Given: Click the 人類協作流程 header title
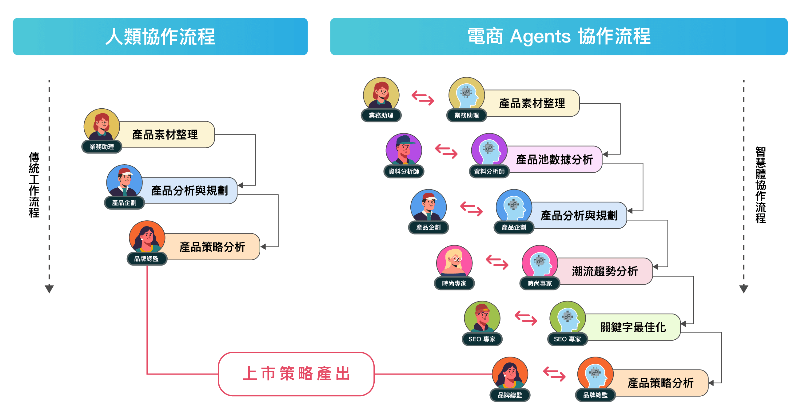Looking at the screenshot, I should coord(160,37).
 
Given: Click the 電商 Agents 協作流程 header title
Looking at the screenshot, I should coord(559,37).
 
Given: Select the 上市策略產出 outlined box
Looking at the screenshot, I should coord(296,374).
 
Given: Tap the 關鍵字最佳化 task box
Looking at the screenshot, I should coord(633,327).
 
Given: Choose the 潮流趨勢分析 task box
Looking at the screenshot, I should coord(604,271).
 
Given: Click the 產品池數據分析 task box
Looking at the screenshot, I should coord(554,160).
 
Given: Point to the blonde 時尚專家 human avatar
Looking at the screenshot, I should coord(454,262).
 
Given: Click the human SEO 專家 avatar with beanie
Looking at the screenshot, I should coord(482,318).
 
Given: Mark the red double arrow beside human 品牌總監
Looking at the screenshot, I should coord(554,374).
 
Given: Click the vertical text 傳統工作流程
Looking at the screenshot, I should coord(34,185).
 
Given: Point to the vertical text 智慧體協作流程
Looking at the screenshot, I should coord(761,185).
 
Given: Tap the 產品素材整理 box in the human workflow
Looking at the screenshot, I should coord(165,135).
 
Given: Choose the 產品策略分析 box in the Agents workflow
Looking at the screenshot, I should coord(660,383).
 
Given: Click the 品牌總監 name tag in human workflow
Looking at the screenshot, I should coord(146,259).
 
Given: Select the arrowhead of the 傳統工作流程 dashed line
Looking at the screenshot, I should coord(49,289).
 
